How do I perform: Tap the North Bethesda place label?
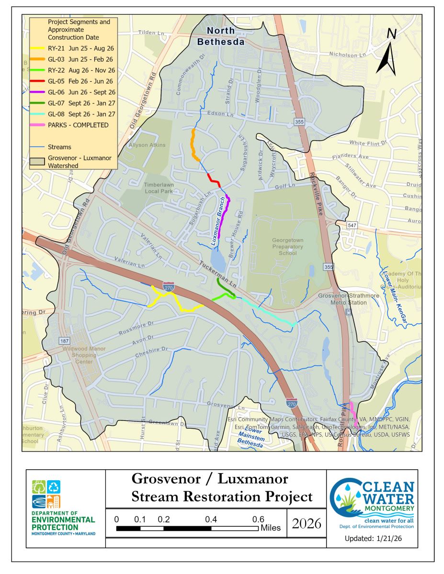tap(221, 36)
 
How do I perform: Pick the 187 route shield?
tap(65, 341)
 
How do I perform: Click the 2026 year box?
tap(306, 523)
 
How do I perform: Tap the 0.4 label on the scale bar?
tap(211, 519)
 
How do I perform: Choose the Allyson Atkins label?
tap(147, 145)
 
